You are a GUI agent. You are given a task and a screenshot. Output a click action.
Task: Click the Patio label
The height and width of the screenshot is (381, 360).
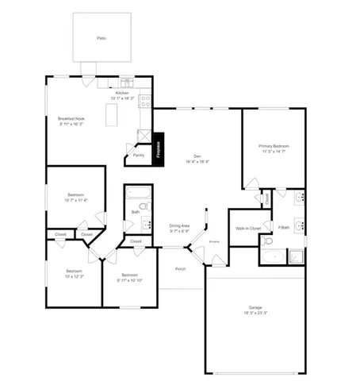[101, 37]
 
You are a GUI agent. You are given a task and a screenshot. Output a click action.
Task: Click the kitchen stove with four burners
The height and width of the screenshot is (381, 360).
[145, 100]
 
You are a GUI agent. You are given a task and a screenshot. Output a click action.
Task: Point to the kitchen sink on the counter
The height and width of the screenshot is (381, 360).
[128, 82]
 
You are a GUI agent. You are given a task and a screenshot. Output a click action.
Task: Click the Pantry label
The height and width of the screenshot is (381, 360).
[138, 156]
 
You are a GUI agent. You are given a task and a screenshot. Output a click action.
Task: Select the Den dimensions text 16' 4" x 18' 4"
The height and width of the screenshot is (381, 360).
[197, 161]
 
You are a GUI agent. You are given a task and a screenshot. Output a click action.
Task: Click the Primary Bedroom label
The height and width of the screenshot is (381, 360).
[274, 146]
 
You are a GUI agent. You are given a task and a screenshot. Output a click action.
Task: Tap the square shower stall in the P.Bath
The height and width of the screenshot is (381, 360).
[295, 256]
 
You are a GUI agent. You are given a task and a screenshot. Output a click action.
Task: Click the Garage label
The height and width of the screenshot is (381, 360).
[255, 307]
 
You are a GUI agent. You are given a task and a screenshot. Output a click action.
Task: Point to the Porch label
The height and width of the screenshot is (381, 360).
[181, 269]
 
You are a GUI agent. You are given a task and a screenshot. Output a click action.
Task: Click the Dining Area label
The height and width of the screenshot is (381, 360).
[179, 225]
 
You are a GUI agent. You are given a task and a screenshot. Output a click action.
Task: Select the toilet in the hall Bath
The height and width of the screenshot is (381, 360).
[144, 205]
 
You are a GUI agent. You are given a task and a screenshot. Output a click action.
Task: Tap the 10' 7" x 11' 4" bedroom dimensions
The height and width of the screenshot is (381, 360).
[75, 201]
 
